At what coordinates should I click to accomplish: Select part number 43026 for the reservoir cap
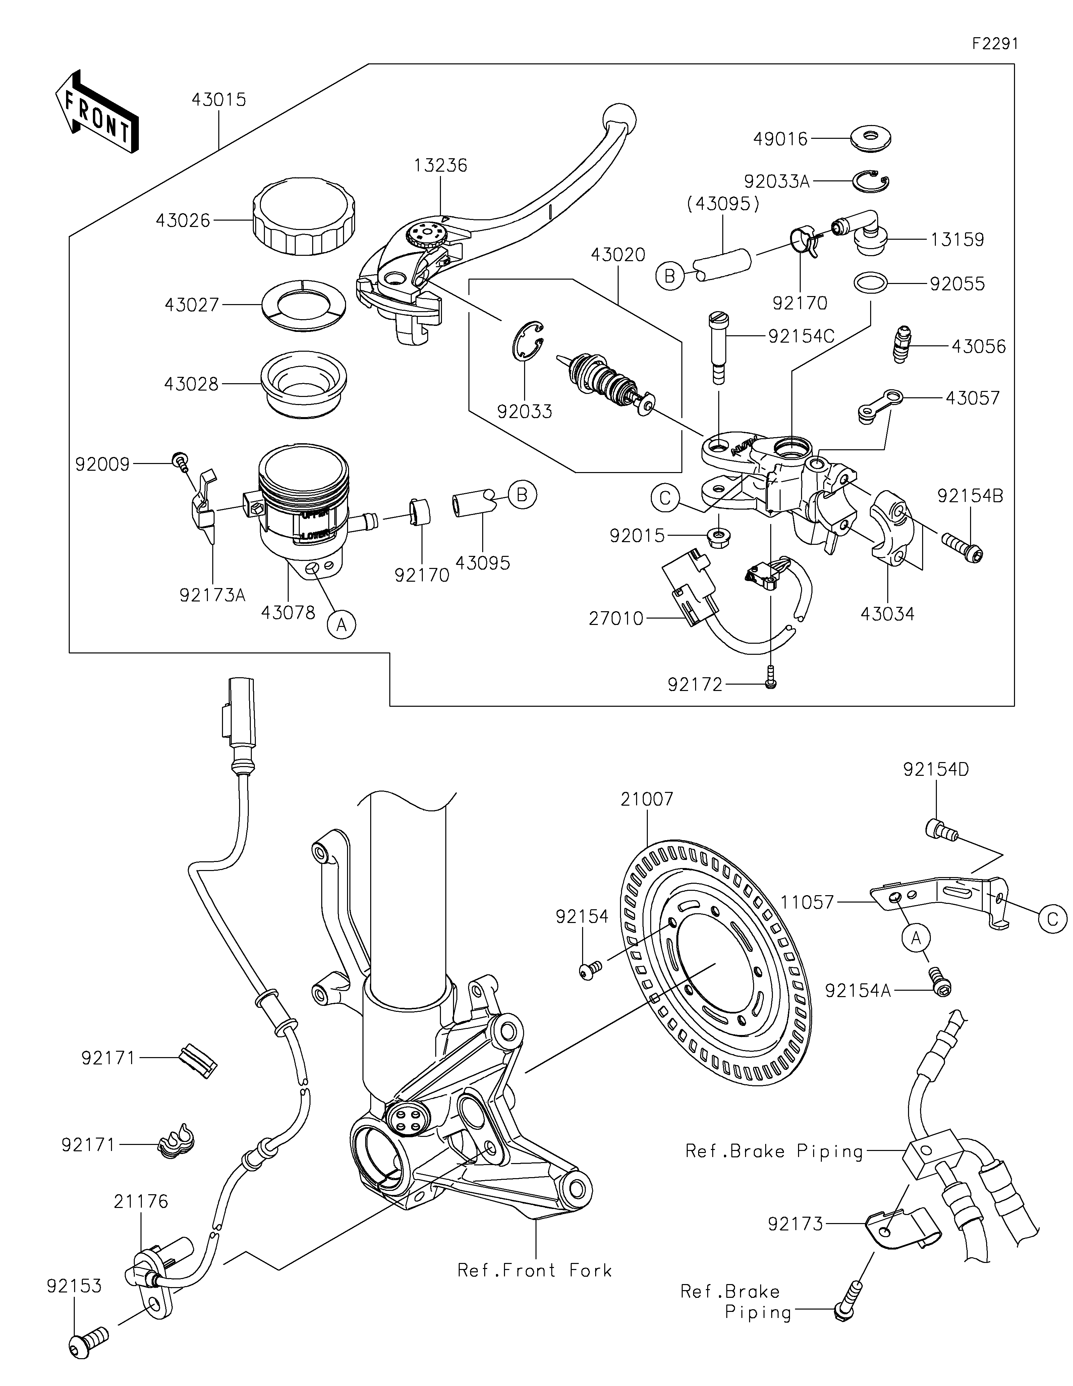point(183,221)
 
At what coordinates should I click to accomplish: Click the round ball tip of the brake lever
point(619,117)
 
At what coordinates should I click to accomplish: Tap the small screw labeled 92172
point(770,678)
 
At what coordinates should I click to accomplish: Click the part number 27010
point(616,618)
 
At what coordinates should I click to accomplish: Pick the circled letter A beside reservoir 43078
point(341,625)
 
